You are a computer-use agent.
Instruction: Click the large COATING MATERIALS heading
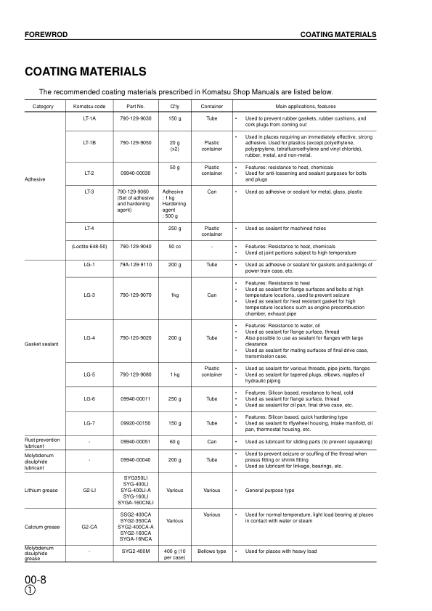86,72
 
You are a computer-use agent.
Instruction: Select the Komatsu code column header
90,107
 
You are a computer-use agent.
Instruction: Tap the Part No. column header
136,107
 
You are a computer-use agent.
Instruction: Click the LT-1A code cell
90,118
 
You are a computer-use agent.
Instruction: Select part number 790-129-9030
136,118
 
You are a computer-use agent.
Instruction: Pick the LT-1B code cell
90,143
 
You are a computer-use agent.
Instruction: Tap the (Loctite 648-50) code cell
90,246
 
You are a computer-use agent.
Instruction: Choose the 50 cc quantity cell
174,246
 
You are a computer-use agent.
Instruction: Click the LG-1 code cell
90,265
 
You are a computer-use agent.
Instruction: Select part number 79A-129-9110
136,265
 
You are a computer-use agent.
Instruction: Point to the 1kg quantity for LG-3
174,295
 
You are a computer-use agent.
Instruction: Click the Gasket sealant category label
41,343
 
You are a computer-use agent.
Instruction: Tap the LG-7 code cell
90,423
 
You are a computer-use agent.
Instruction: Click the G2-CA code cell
90,527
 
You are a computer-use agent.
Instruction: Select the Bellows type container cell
211,551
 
